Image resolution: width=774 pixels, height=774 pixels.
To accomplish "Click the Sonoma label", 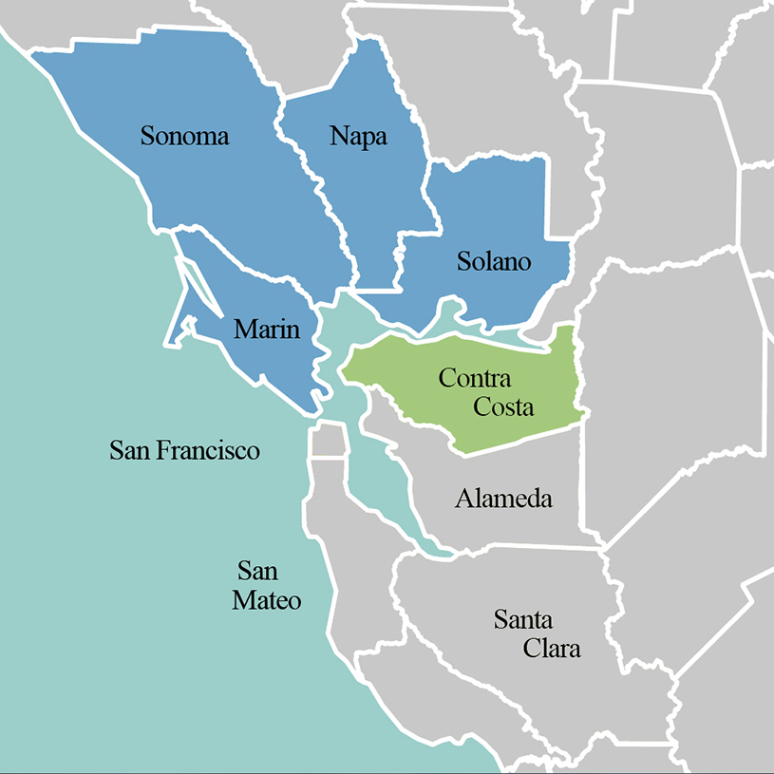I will [184, 136].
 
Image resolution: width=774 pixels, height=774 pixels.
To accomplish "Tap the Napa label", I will [358, 136].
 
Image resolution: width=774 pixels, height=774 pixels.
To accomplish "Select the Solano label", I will [493, 261].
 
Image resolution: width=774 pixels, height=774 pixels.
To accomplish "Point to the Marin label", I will [267, 330].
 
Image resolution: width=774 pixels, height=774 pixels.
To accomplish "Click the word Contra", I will [475, 379].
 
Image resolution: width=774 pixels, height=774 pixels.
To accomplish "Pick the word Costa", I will [504, 407].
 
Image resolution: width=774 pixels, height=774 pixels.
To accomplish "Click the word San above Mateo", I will [257, 571].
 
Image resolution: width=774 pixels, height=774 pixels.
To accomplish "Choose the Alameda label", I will [503, 498].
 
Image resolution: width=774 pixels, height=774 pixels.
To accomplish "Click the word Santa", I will [522, 621].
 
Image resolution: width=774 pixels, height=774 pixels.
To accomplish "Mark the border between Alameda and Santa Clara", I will [532, 548].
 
